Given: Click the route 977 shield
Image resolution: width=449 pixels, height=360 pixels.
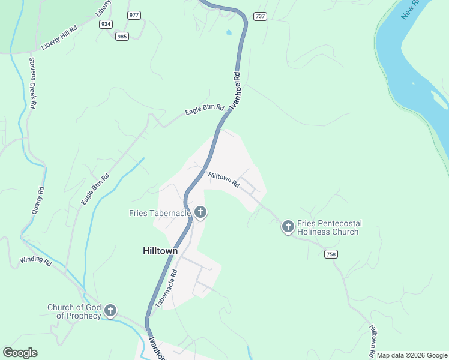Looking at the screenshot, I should tap(134, 14).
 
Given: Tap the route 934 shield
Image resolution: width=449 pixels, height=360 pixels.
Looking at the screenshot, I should tap(106, 24).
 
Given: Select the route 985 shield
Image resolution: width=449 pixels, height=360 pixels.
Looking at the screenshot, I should tap(122, 36).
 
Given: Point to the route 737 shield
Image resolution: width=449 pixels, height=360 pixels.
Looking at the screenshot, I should tap(260, 16).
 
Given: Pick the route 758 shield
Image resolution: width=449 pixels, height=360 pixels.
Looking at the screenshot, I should tap(331, 254).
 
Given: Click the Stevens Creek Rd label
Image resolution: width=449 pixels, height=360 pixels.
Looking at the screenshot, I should tap(32, 83).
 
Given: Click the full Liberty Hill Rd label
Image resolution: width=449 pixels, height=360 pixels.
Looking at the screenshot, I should tap(59, 38).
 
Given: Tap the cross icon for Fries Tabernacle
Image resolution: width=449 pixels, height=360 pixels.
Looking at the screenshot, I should tap(200, 212).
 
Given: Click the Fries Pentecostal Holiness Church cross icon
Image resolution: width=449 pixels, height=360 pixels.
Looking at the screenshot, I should tap(288, 226).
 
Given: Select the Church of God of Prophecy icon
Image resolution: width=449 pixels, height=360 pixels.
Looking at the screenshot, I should tap(110, 310).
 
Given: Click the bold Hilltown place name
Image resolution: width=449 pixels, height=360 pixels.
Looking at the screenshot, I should tap(160, 251).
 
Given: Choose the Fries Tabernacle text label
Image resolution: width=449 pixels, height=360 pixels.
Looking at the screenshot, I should tap(160, 213).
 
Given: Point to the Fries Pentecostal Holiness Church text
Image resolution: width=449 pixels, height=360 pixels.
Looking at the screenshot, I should tap(328, 227).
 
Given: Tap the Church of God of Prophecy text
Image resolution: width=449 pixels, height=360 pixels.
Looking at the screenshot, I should tap(74, 311).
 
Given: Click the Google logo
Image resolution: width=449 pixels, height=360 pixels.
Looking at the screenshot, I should tap(20, 353).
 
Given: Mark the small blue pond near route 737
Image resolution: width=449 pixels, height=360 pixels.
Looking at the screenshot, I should tap(228, 32).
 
